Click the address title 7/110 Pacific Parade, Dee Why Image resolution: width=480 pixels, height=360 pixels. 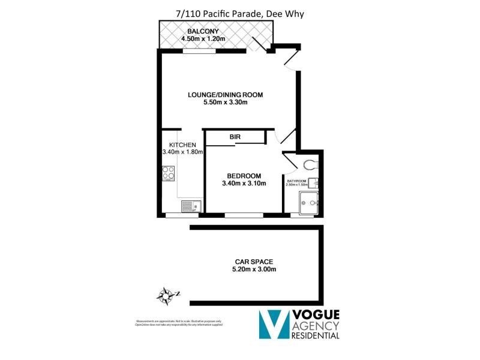tap(240, 10)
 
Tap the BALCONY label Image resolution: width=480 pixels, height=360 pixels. tap(202, 31)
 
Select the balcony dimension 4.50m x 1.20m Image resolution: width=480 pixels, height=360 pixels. tap(202, 40)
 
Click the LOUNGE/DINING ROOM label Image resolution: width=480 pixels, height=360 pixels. tap(225, 95)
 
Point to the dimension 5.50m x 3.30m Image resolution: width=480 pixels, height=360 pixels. tap(225, 103)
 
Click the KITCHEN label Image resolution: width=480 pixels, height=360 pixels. tap(182, 145)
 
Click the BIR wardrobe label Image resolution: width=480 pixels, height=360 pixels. tap(235, 137)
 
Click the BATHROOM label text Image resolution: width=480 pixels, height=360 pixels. tap(296, 181)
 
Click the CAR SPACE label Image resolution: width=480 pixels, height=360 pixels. tap(254, 262)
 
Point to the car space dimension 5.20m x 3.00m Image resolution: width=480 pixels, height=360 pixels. tap(254, 269)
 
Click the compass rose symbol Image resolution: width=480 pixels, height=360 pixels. tap(167, 294)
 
